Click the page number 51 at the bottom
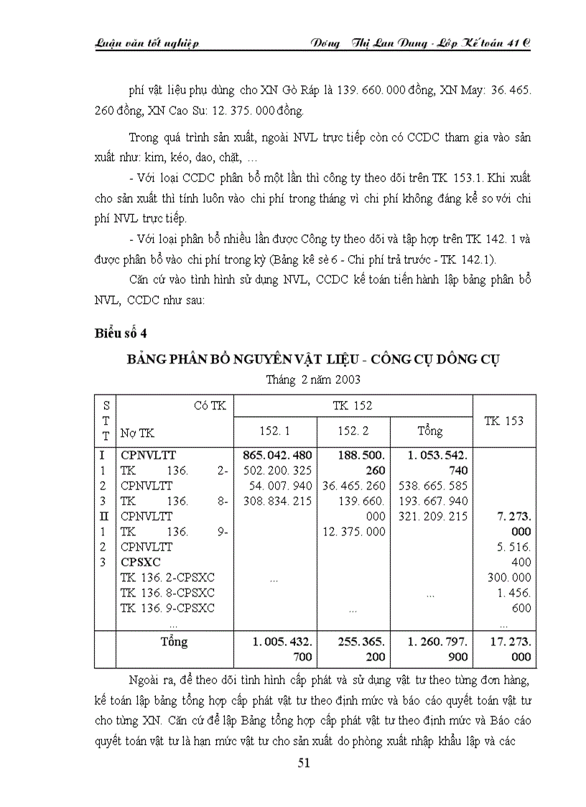click(303, 763)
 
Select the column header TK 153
click(503, 420)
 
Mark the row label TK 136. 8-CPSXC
click(167, 593)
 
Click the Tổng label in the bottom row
click(174, 641)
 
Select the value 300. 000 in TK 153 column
click(511, 578)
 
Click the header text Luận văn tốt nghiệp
click(146, 42)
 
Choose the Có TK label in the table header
click(210, 406)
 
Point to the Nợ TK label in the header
click(137, 433)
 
